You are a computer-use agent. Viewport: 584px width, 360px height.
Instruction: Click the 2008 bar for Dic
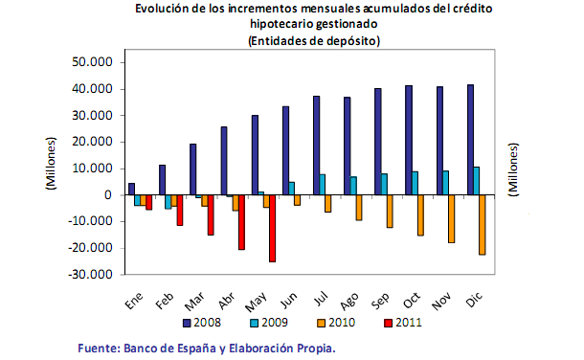471,140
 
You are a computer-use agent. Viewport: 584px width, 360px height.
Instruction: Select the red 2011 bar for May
273,228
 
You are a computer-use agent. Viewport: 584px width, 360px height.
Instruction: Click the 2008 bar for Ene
131,189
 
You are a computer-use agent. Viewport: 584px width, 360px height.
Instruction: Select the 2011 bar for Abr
241,222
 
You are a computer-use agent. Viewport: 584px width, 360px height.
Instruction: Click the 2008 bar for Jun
285,150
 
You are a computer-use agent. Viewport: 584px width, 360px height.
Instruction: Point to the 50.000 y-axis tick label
93,62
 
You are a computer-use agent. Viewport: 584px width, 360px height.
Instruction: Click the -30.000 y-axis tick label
92,275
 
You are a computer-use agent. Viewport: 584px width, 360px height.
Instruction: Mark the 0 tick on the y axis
108,195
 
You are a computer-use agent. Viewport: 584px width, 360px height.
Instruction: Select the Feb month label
166,301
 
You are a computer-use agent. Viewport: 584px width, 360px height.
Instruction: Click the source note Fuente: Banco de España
207,349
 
